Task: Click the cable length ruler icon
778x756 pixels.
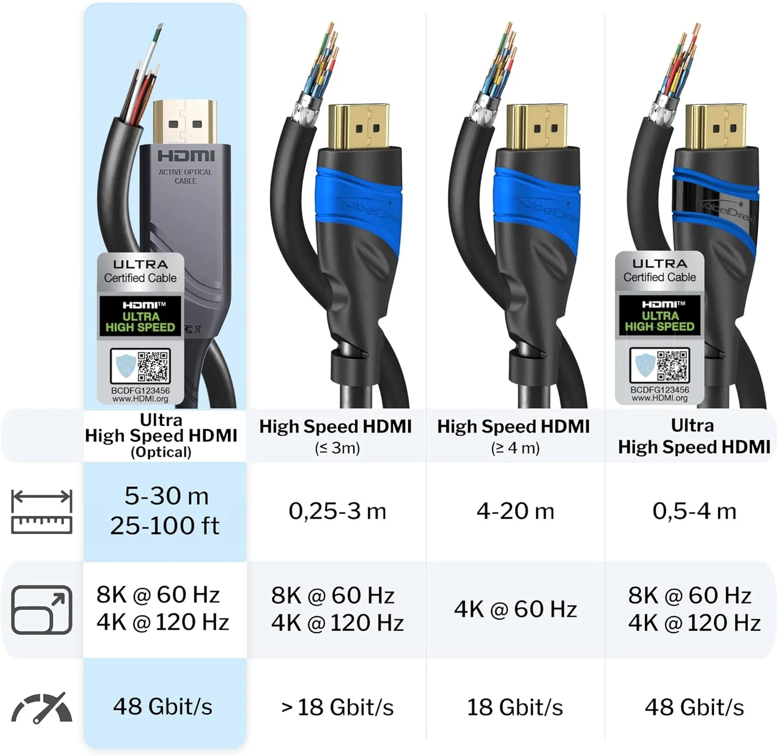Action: (x=41, y=511)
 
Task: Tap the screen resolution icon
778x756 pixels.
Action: (x=41, y=609)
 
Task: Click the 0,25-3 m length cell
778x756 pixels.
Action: (x=337, y=511)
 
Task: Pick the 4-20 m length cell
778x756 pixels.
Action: (x=515, y=511)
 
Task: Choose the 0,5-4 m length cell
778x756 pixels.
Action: (x=694, y=511)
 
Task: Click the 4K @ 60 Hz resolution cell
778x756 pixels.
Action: (x=515, y=609)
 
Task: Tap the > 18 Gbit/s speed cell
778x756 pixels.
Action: (x=337, y=707)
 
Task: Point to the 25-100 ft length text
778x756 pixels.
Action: (x=164, y=526)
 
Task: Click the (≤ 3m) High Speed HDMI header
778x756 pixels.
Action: (x=336, y=435)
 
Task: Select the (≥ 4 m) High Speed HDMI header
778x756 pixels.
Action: (x=513, y=435)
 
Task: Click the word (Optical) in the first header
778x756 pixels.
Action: (x=161, y=452)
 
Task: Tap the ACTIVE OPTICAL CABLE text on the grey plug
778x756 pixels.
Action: (x=185, y=176)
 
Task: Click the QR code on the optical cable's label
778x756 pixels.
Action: (x=154, y=366)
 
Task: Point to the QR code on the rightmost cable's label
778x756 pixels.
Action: (x=673, y=365)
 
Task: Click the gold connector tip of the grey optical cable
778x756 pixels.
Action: (x=185, y=122)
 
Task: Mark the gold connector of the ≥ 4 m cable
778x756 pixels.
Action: (x=536, y=126)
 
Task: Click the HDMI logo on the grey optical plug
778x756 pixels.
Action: (x=186, y=156)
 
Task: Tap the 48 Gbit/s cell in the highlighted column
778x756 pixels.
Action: (x=163, y=707)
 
